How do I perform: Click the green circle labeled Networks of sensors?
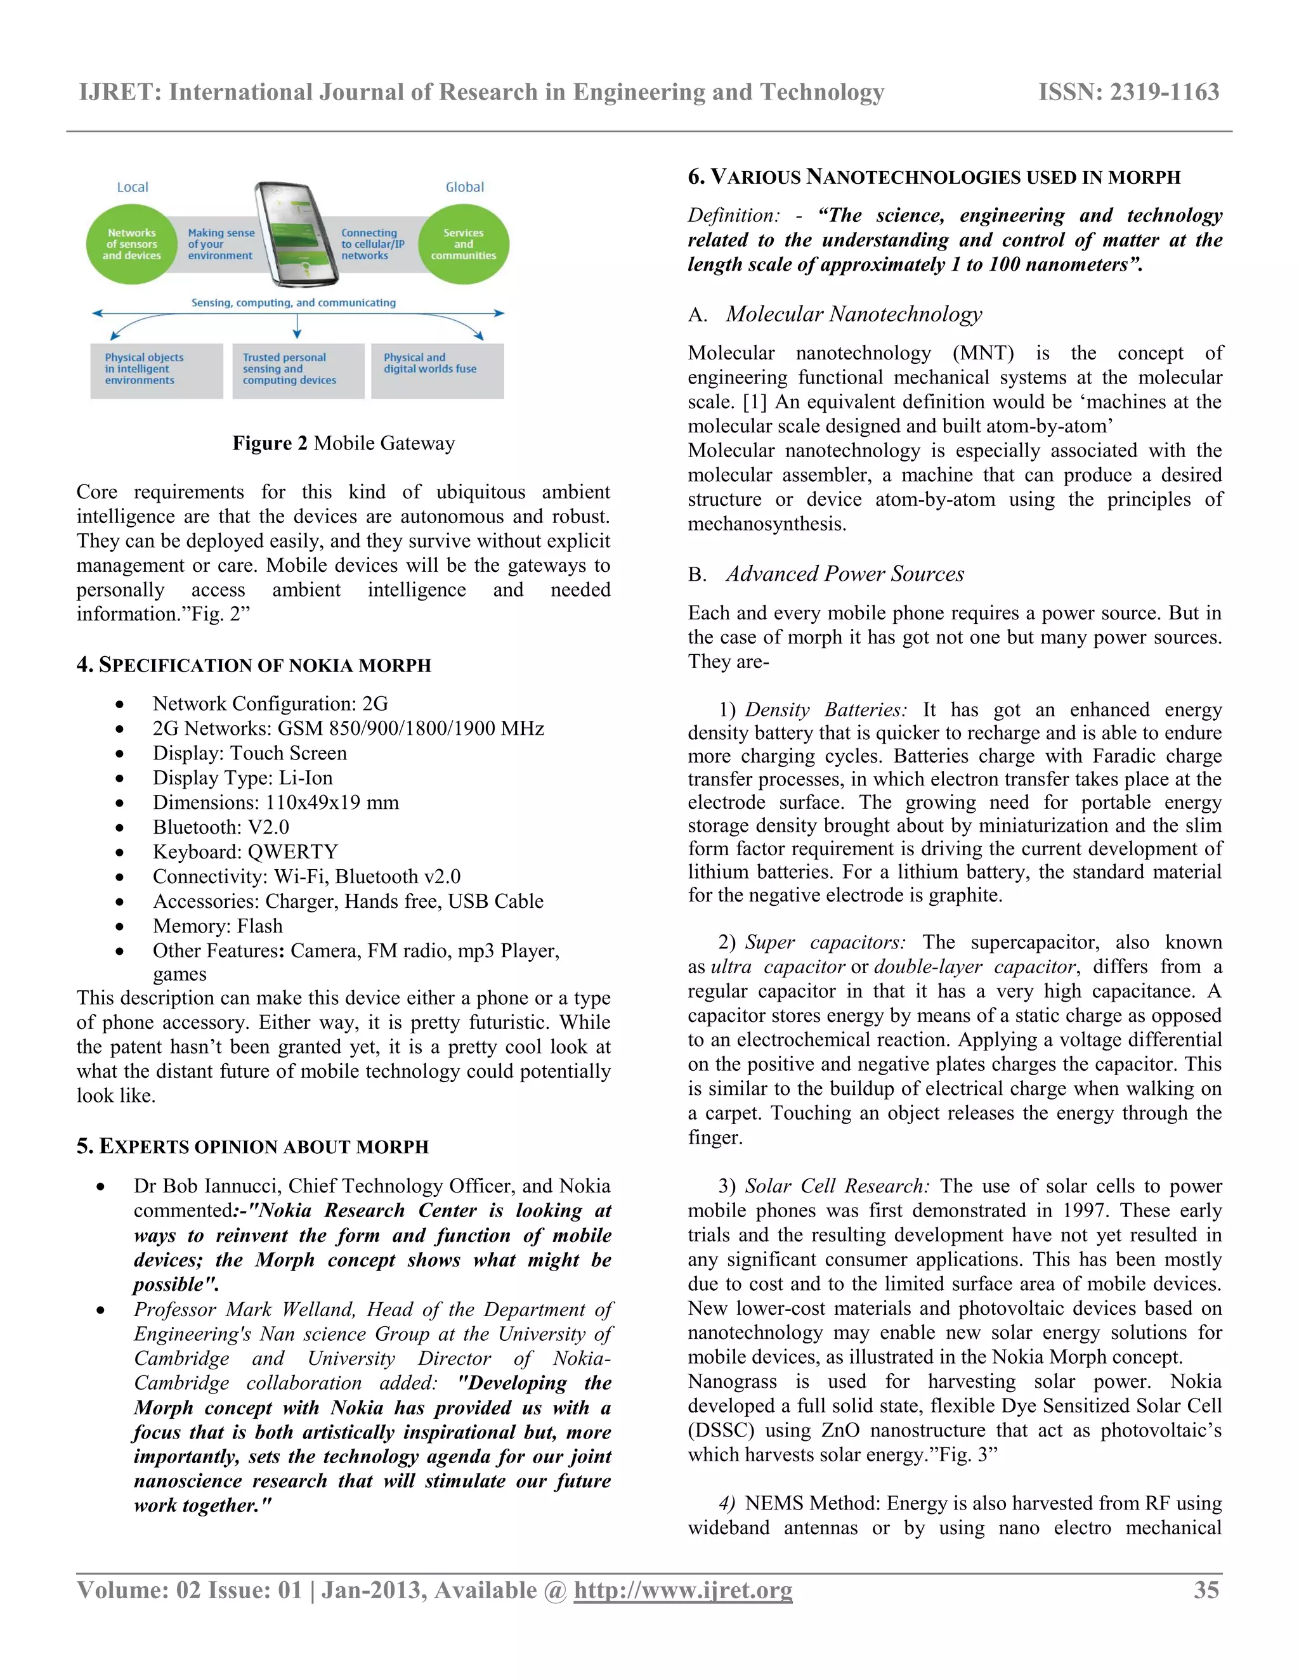click(x=131, y=244)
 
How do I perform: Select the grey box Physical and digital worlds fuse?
click(x=437, y=370)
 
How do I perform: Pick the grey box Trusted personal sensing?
click(x=298, y=370)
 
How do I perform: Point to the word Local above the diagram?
click(x=133, y=187)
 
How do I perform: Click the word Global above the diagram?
click(x=465, y=187)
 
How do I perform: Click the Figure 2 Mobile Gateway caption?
click(x=343, y=443)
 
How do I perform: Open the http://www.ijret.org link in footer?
click(x=682, y=1590)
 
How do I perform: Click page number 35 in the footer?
click(x=1206, y=1590)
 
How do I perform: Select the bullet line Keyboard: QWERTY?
click(x=245, y=851)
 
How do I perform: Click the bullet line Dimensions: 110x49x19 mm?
click(x=275, y=803)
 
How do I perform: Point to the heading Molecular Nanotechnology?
click(x=854, y=314)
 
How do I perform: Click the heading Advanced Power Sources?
click(x=844, y=574)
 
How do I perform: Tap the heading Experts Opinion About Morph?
click(x=252, y=1146)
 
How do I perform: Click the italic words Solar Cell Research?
click(x=837, y=1186)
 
